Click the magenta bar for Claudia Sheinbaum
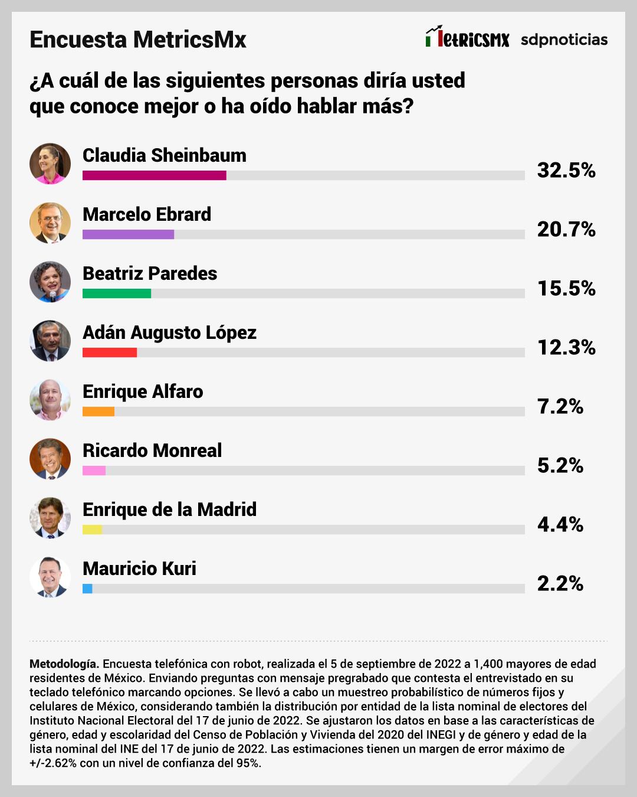pyautogui.click(x=154, y=175)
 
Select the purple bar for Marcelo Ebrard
pyautogui.click(x=128, y=234)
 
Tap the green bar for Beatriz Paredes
pyautogui.click(x=117, y=293)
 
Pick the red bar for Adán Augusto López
pyautogui.click(x=110, y=352)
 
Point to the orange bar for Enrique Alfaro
pyautogui.click(x=98, y=411)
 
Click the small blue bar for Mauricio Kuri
pyautogui.click(x=87, y=589)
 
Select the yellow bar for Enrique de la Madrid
pyautogui.click(x=93, y=530)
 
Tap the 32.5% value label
pyautogui.click(x=566, y=170)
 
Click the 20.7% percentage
pyautogui.click(x=566, y=229)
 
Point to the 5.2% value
pyautogui.click(x=560, y=465)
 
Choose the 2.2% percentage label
pyautogui.click(x=560, y=583)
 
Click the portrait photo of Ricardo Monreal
pyautogui.click(x=50, y=459)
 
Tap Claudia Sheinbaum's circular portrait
pyautogui.click(x=50, y=164)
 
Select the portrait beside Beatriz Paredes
pyautogui.click(x=50, y=282)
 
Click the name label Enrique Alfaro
pyautogui.click(x=143, y=391)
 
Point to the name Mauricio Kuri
pyautogui.click(x=139, y=569)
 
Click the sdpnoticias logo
pyautogui.click(x=564, y=40)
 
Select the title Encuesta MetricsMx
pyautogui.click(x=138, y=40)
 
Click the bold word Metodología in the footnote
pyautogui.click(x=64, y=664)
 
